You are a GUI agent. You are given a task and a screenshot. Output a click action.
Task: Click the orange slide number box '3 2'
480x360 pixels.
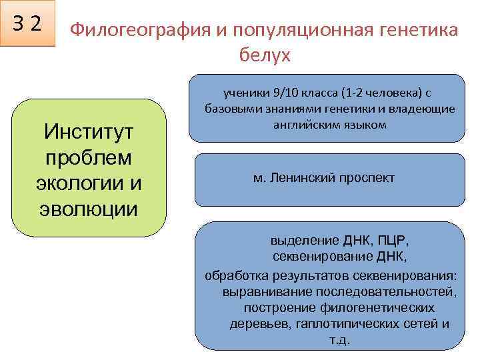(28, 24)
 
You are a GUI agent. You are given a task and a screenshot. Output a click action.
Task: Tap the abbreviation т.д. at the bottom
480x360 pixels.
(339, 339)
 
